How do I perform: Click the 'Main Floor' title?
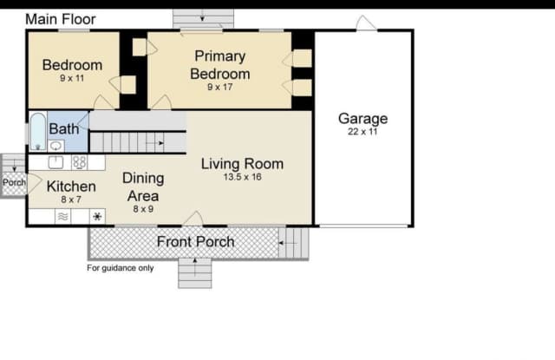coord(61,19)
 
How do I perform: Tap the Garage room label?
coord(362,119)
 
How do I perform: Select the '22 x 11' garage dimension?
coord(362,132)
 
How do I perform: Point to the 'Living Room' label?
coord(242,164)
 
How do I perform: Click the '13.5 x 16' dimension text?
coord(243,177)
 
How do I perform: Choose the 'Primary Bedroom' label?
coord(219,65)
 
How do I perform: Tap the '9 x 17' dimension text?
coord(219,87)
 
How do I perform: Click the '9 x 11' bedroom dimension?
coord(72,78)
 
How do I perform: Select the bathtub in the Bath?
coord(38,131)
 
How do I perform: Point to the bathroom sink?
coord(55,146)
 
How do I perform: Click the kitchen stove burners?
coord(79,162)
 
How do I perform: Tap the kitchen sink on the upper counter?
coord(55,162)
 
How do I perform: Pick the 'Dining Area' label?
coord(143,187)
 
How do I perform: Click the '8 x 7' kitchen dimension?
coord(71,200)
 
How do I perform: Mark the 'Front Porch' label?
coord(195,242)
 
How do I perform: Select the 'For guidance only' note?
coord(121,268)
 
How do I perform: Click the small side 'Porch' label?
coord(14,183)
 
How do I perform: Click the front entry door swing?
coord(193,219)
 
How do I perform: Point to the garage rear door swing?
coord(366,23)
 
